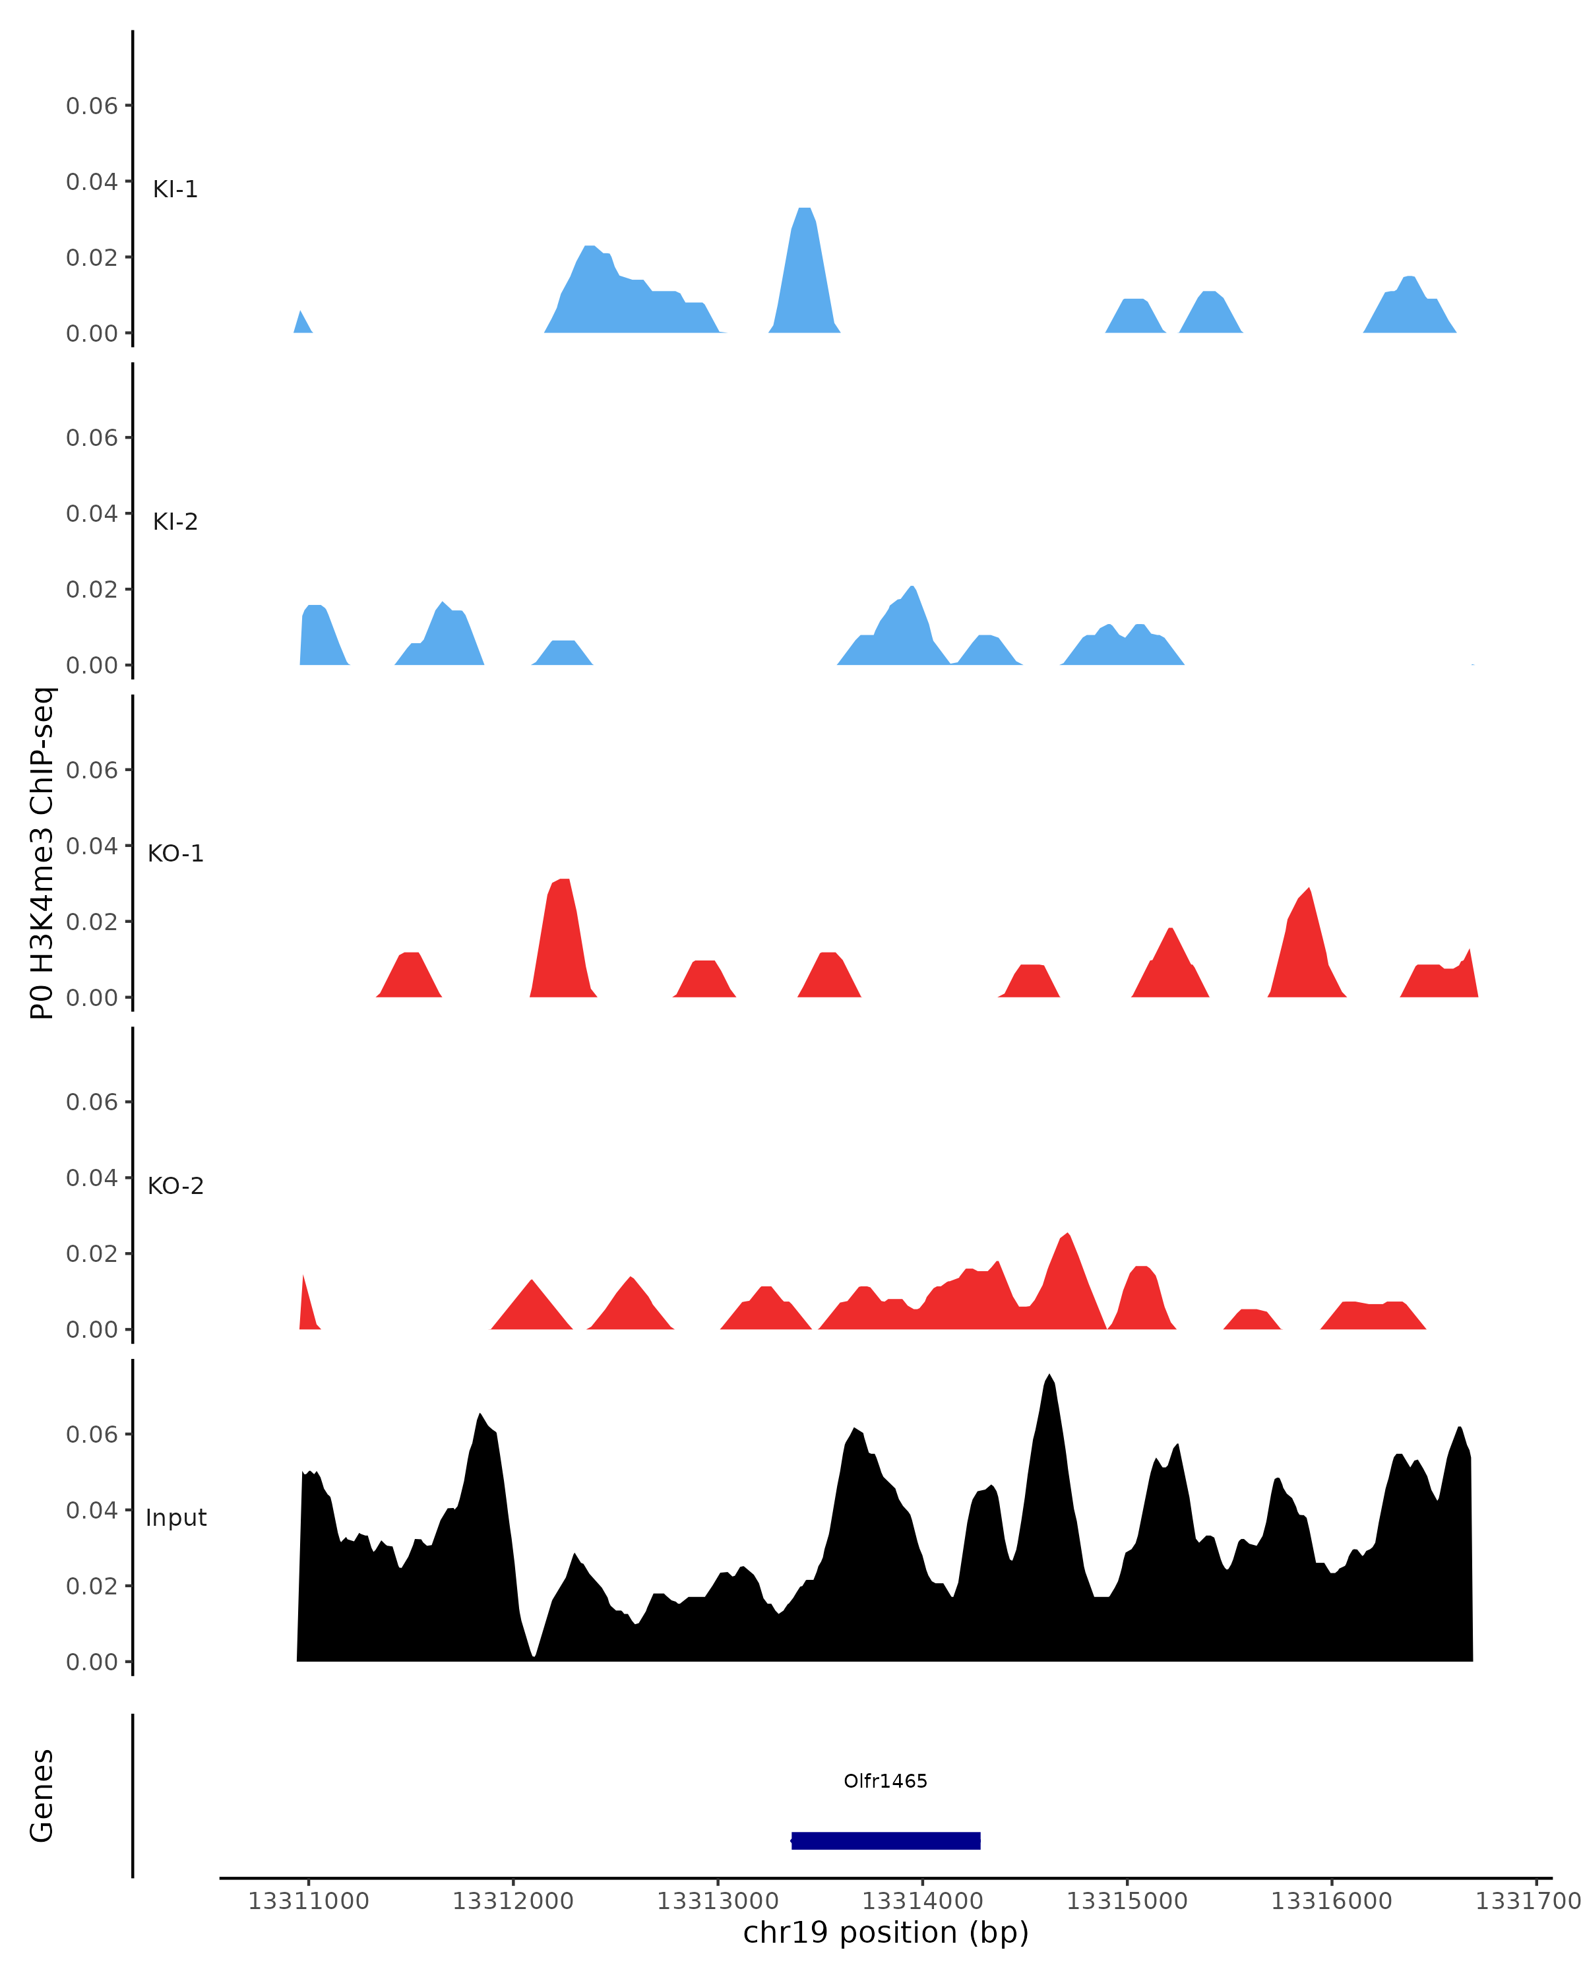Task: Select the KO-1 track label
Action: [175, 854]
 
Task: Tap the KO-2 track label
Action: [175, 1186]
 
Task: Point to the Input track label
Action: [175, 1518]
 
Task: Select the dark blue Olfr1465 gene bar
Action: [886, 1840]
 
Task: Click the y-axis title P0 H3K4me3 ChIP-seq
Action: [42, 854]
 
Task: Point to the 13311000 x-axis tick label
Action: [308, 1901]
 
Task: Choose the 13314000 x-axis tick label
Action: [922, 1901]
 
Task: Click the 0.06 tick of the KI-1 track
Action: [92, 106]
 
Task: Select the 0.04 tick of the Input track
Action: [92, 1510]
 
